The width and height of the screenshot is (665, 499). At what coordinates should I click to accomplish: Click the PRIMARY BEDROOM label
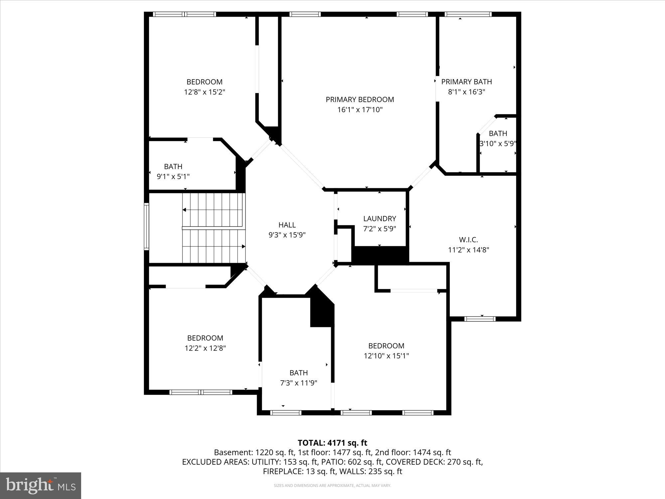360,99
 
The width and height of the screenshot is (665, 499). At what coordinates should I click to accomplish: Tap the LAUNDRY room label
379,219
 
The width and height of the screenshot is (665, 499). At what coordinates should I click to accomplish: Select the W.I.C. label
468,240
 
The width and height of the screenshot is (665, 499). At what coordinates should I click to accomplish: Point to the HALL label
287,225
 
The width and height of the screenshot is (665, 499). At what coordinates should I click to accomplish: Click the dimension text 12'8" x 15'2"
204,92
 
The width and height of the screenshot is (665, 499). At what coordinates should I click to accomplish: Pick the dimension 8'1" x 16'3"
466,92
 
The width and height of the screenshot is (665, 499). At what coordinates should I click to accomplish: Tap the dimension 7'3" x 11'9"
299,383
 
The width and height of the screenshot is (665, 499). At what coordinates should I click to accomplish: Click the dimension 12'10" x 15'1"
386,356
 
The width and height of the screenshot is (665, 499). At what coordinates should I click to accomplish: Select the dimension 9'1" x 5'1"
173,177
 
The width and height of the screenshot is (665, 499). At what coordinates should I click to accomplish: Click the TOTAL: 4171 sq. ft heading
332,443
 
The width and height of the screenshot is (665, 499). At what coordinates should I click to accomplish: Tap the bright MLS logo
41,485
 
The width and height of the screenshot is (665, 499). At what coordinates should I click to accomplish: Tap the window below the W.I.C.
480,319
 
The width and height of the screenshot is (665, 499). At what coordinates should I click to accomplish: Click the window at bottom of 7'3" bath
286,413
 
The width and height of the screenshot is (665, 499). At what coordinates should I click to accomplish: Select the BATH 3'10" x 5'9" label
498,133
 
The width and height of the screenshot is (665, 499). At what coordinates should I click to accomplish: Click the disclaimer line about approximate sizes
332,486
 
